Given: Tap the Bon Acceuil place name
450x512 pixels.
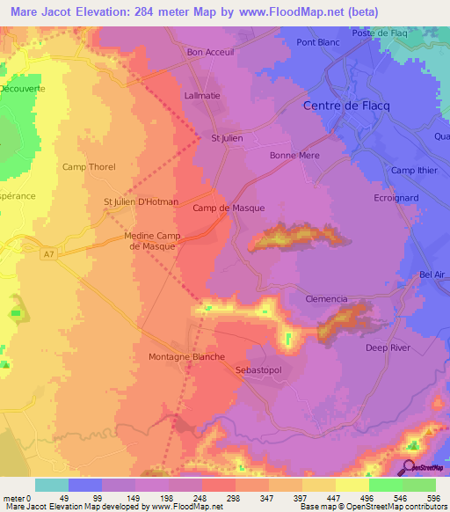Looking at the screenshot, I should (x=207, y=52).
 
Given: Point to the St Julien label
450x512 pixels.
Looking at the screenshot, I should (x=227, y=137).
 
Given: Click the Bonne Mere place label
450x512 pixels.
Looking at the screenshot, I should (x=294, y=154).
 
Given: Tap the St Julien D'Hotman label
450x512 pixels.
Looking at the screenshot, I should (x=141, y=201).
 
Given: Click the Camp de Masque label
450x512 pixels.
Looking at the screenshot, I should (x=229, y=208).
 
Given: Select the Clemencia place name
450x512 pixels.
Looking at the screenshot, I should (x=326, y=299).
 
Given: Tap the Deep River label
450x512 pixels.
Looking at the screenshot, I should (x=388, y=347).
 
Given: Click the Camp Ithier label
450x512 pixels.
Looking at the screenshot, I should (x=414, y=170).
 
